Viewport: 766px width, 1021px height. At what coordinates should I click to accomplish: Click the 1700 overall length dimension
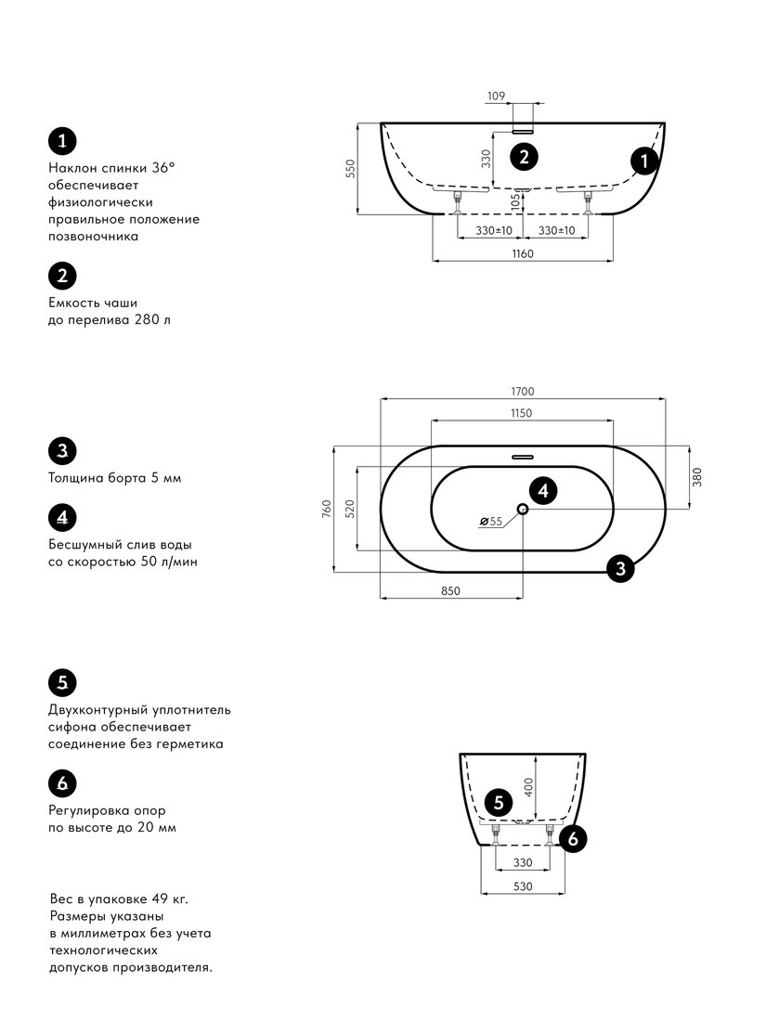(523, 392)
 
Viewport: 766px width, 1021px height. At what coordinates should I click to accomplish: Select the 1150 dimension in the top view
(521, 413)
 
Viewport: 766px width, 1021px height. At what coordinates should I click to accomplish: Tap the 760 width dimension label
(327, 509)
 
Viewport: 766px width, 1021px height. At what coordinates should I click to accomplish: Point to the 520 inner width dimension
(350, 509)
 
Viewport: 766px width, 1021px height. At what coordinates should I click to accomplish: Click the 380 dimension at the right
(697, 477)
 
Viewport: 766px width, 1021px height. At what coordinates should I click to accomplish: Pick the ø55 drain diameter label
(491, 521)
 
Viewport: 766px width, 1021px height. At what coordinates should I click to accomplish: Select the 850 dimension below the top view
(450, 591)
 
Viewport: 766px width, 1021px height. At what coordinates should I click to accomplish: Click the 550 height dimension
(351, 169)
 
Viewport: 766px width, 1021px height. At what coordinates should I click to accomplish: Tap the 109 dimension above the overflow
(497, 96)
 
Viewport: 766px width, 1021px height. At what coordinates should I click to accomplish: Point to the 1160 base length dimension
(523, 254)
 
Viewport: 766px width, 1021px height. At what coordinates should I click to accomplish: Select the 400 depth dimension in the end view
(529, 787)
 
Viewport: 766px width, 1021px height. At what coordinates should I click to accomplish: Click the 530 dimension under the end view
(523, 886)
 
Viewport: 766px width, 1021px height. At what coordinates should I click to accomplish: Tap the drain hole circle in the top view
(523, 509)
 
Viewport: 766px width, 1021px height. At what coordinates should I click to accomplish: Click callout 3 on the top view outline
(620, 568)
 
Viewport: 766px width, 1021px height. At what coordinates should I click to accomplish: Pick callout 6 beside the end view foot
(573, 838)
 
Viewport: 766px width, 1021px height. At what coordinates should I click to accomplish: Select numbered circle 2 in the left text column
(62, 276)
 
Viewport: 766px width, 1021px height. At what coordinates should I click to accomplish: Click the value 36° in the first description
(163, 167)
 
